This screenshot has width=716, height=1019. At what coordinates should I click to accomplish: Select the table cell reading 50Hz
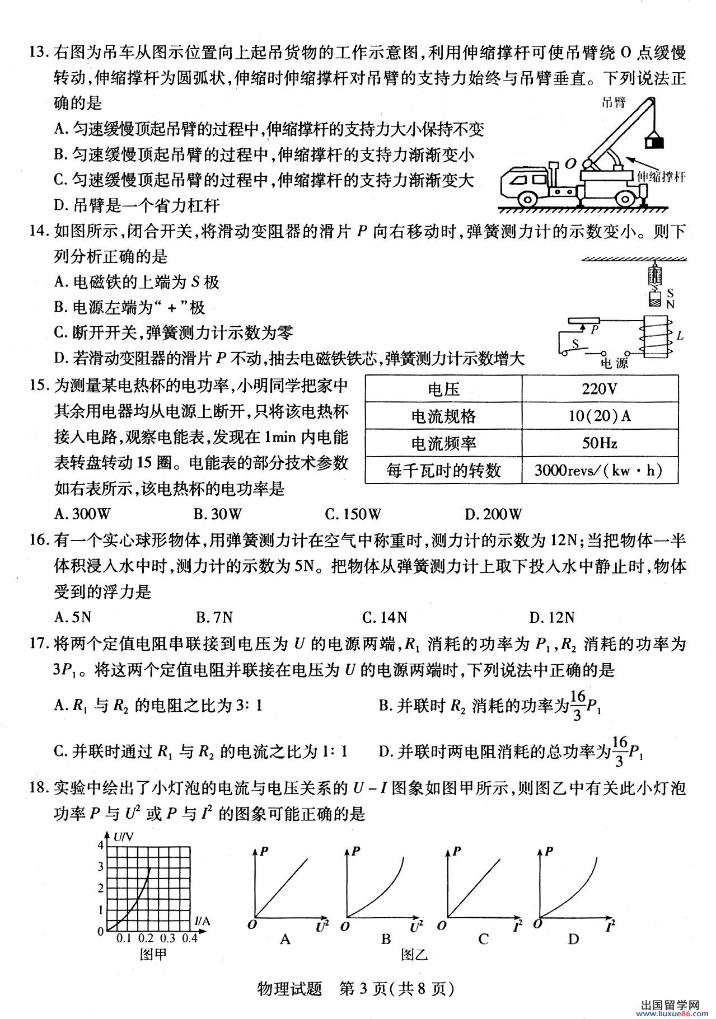(599, 443)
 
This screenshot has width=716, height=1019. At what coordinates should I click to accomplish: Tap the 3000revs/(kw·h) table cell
(599, 470)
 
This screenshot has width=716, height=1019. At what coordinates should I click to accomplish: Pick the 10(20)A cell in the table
(599, 416)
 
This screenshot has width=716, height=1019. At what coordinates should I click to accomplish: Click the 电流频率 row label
(443, 443)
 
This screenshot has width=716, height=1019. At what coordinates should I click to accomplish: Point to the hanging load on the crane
(653, 142)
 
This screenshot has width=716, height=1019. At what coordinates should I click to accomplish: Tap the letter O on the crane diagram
(570, 163)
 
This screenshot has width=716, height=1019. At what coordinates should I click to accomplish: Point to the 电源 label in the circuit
(614, 363)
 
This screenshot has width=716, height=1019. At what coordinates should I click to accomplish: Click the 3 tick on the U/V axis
(101, 867)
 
